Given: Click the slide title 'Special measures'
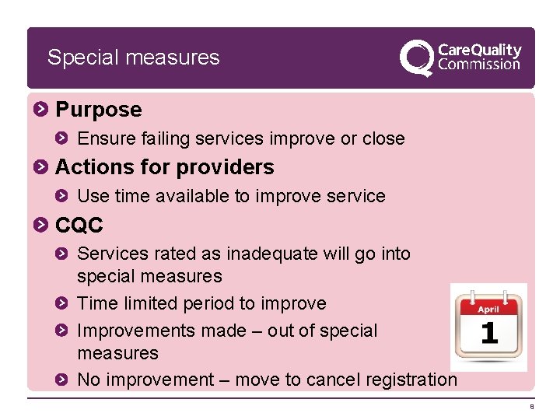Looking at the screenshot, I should pyautogui.click(x=133, y=58).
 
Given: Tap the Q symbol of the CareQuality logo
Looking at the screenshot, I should pyautogui.click(x=417, y=58).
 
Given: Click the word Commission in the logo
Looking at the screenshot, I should pyautogui.click(x=479, y=65).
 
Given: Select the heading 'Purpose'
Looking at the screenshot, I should pyautogui.click(x=99, y=110).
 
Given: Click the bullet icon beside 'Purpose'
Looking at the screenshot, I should pyautogui.click(x=42, y=110).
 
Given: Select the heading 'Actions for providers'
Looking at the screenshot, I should pyautogui.click(x=165, y=167).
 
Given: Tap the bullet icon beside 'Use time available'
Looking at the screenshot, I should pyautogui.click(x=65, y=196).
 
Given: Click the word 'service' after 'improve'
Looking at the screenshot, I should pyautogui.click(x=355, y=196).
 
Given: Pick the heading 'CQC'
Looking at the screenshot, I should pyautogui.click(x=79, y=226).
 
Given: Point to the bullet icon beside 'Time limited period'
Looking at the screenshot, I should pyautogui.click(x=65, y=303).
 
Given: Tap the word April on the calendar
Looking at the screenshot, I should pyautogui.click(x=488, y=308).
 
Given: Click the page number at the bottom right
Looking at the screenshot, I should pyautogui.click(x=532, y=407).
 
